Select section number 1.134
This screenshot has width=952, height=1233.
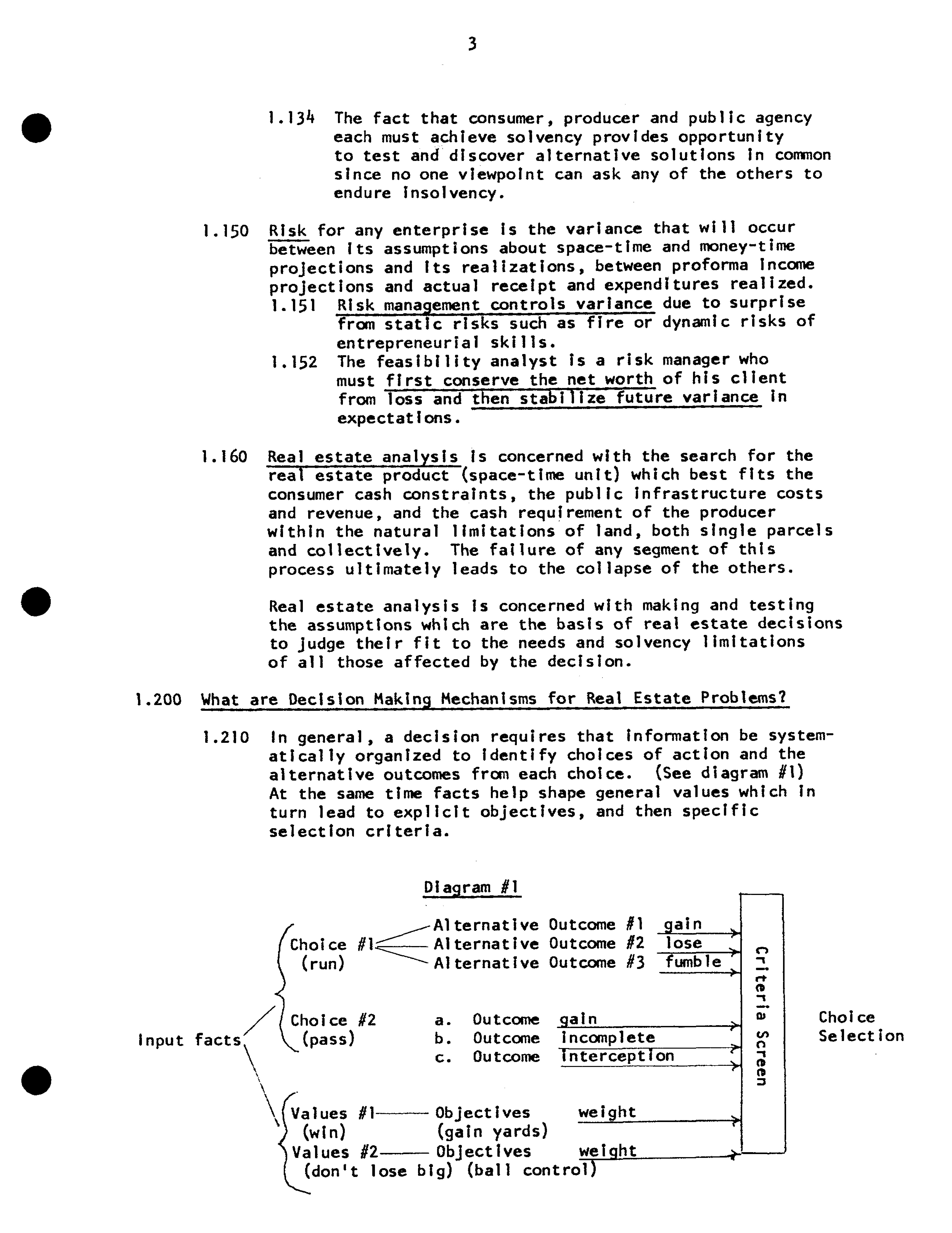pos(291,118)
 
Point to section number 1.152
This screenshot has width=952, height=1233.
pos(294,362)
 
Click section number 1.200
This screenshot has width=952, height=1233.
pos(159,700)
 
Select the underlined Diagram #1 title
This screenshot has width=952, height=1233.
pos(471,887)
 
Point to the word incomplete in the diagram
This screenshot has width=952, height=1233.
pos(608,1037)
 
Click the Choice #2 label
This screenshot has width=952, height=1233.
pos(333,1020)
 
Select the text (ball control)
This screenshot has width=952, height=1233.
pos(532,1170)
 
